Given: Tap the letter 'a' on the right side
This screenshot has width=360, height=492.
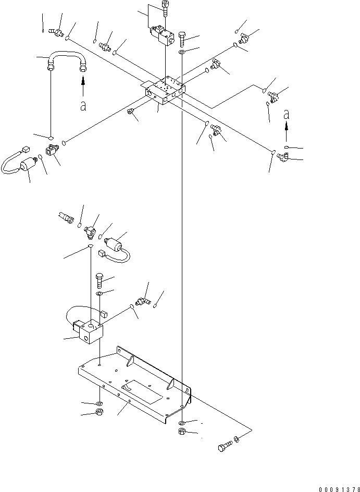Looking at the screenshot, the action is tap(286, 115).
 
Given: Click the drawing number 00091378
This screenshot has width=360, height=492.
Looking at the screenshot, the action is tap(339, 489).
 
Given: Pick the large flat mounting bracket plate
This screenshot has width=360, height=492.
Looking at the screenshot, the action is tap(134, 385).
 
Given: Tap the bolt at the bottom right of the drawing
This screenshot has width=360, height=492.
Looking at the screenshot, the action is tap(225, 446).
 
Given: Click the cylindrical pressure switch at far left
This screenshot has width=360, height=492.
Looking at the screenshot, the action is tap(28, 165).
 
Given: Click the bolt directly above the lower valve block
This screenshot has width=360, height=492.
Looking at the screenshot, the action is tap(100, 280).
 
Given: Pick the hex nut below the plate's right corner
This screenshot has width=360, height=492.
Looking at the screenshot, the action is tap(182, 431).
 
